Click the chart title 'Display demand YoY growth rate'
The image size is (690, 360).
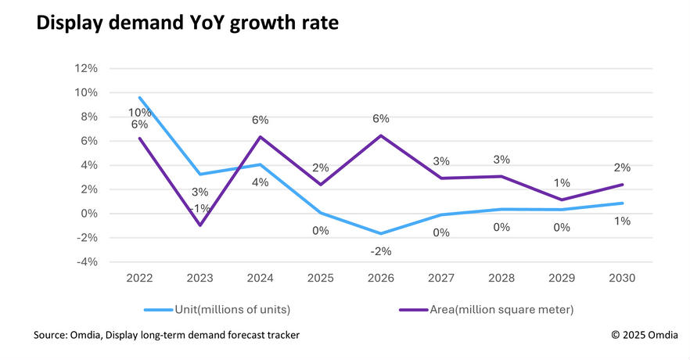(x=188, y=24)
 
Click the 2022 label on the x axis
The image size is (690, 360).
(x=139, y=278)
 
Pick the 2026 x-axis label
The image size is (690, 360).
(x=380, y=278)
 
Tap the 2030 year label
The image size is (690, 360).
(x=623, y=278)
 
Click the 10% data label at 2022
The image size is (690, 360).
(x=139, y=112)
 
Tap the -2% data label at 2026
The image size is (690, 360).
(x=381, y=250)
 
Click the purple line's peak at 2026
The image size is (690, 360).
(x=381, y=136)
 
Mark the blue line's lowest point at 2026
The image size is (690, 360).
(x=381, y=233)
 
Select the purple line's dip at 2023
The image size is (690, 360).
(x=200, y=225)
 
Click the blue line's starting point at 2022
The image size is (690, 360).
(x=139, y=98)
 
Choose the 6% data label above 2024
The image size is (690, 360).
(x=260, y=120)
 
